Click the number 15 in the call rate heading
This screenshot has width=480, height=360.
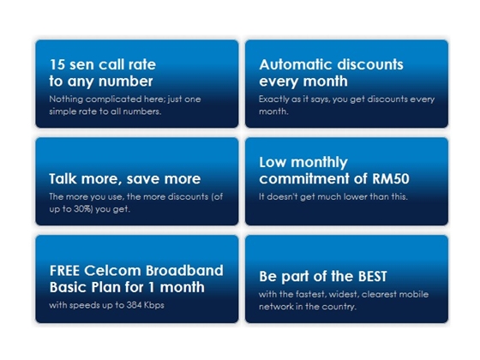tap(57, 64)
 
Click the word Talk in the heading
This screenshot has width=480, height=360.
tap(63, 179)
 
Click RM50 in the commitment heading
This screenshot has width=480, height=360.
tap(391, 179)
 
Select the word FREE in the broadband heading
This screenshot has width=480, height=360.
tap(64, 271)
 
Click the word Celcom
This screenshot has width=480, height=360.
tap(112, 271)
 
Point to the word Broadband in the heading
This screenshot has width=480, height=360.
tap(184, 271)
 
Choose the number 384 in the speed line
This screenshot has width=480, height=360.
tap(134, 305)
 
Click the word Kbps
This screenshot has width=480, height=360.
tap(154, 305)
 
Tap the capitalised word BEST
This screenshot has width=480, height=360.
tap(373, 276)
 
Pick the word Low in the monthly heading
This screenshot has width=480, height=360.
tap(273, 162)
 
